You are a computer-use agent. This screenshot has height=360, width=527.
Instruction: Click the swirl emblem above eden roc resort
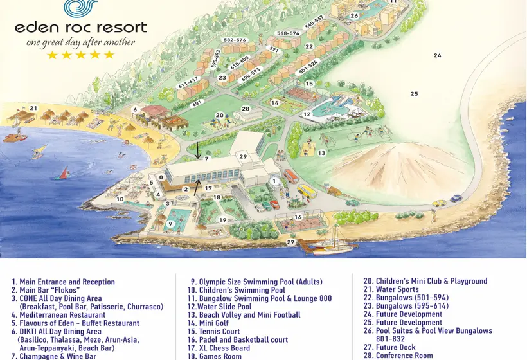pyautogui.click(x=81, y=8)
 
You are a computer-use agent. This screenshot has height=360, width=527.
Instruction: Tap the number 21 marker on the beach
pyautogui.click(x=33, y=108)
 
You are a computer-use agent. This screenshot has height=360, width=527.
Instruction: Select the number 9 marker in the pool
pyautogui.click(x=170, y=224)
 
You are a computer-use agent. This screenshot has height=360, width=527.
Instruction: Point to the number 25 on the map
pyautogui.click(x=414, y=94)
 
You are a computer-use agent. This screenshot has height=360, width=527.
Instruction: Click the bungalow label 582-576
pyautogui.click(x=235, y=40)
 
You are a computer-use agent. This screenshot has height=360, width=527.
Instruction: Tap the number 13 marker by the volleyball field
pyautogui.click(x=321, y=153)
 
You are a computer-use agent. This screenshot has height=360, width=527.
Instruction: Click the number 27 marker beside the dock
pyautogui.click(x=290, y=242)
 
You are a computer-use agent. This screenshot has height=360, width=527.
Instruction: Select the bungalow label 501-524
pyautogui.click(x=308, y=67)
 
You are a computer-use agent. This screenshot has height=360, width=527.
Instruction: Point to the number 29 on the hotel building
pyautogui.click(x=243, y=157)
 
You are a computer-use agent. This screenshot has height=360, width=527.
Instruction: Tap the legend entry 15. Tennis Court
pyautogui.click(x=213, y=332)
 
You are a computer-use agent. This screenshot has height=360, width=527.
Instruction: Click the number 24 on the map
pyautogui.click(x=437, y=56)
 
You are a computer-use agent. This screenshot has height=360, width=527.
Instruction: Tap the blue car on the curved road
pyautogui.click(x=456, y=199)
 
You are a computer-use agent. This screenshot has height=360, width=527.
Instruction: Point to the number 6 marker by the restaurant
pyautogui.click(x=135, y=110)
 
